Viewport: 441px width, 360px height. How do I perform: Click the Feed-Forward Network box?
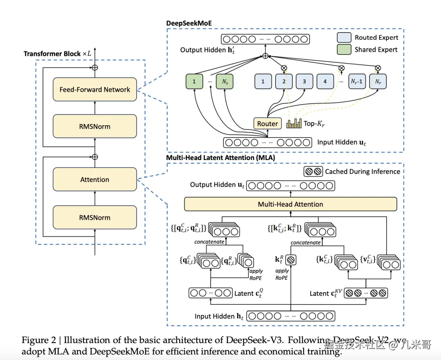(x=95, y=89)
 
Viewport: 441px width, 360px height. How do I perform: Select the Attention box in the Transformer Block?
(x=95, y=179)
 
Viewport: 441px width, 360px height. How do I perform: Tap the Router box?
(x=268, y=123)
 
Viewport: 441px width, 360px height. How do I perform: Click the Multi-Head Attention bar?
(x=290, y=204)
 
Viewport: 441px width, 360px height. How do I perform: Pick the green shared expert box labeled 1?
(x=194, y=81)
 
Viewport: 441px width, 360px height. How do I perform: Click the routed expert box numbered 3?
(x=304, y=81)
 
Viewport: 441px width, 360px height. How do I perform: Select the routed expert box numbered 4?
(x=325, y=81)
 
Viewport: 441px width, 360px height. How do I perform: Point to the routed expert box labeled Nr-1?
(x=357, y=81)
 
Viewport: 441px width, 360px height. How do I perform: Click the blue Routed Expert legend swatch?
(x=344, y=38)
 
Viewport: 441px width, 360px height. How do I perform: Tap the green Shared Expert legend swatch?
(x=344, y=50)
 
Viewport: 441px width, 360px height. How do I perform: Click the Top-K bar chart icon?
(x=294, y=123)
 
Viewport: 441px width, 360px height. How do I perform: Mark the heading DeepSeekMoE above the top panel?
(x=189, y=23)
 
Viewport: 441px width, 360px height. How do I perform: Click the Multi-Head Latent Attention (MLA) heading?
(x=220, y=157)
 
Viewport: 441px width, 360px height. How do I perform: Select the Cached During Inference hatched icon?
(x=313, y=171)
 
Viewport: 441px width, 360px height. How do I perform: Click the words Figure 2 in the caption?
(x=38, y=340)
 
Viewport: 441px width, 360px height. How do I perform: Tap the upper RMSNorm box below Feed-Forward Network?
(x=95, y=126)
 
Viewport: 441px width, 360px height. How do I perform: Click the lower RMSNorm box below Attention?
(x=95, y=217)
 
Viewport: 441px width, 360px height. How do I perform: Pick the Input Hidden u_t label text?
(x=341, y=142)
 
